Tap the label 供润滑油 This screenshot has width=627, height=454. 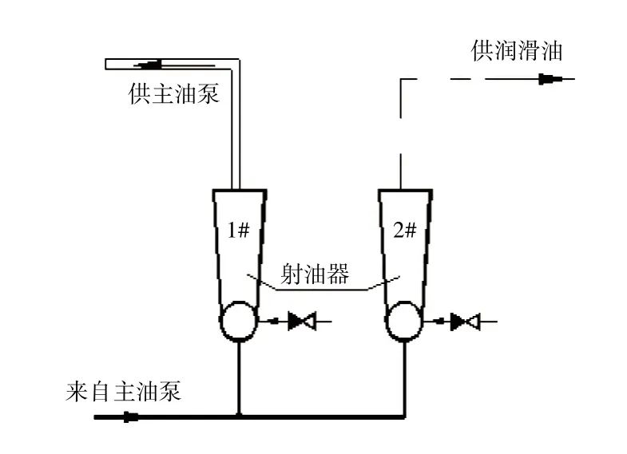517,52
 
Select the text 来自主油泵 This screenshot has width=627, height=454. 125,392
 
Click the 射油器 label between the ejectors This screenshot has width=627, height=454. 315,275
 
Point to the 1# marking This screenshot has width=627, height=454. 239,231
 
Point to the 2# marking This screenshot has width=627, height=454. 405,231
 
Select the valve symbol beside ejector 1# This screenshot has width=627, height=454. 301,322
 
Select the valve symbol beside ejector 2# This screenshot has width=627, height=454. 465,322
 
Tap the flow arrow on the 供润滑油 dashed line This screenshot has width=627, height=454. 550,79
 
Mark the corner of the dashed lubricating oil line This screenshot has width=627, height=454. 400,80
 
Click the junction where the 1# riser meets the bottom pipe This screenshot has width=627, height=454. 239,416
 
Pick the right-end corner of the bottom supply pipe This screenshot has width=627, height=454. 404,416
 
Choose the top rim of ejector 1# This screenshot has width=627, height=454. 238,191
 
